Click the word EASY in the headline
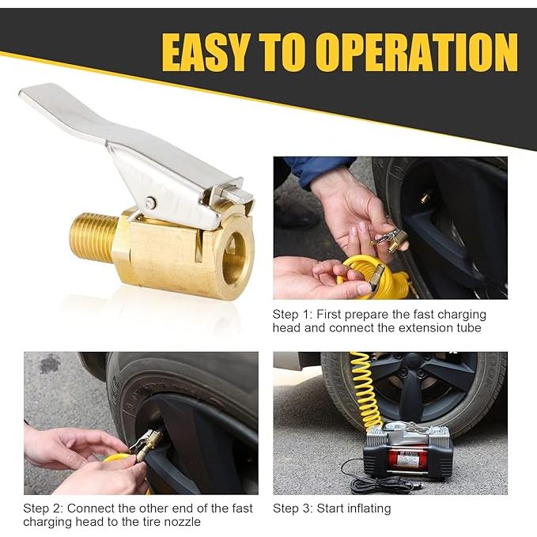(x=205, y=52)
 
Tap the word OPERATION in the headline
(x=417, y=52)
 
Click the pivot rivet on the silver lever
(x=150, y=203)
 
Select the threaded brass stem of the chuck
(x=93, y=236)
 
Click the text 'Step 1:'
(x=292, y=315)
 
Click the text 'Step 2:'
(x=43, y=509)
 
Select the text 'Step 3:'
(x=293, y=509)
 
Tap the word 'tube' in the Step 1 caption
(x=468, y=327)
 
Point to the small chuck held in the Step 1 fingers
(x=391, y=239)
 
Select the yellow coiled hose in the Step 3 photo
(x=365, y=391)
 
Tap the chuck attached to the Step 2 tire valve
(x=146, y=445)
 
